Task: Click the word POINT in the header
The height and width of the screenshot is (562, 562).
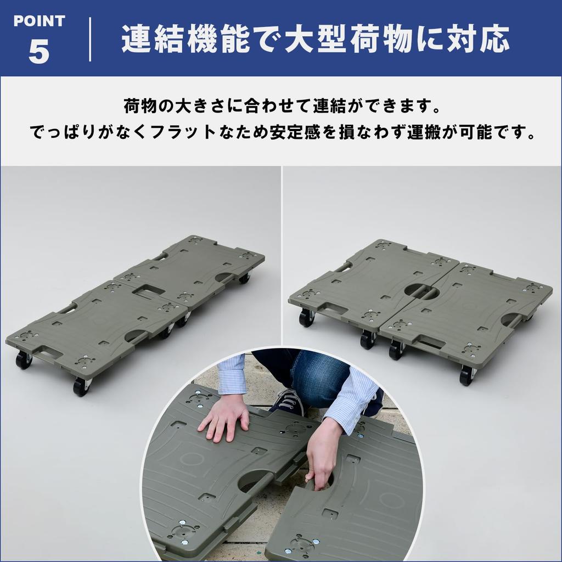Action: coord(39,21)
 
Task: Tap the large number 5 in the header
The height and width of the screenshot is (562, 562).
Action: coord(39,52)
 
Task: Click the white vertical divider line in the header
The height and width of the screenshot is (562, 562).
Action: coord(90,39)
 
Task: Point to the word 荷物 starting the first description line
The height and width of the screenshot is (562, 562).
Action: coord(138,104)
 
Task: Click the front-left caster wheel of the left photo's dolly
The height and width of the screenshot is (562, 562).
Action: coord(23,360)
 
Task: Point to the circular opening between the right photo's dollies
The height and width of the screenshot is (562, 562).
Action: coord(421,290)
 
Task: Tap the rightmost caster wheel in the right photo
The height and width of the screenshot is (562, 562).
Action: coord(467,375)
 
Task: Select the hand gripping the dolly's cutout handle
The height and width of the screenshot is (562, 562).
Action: coord(323,456)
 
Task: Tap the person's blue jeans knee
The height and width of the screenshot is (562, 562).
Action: coord(316,373)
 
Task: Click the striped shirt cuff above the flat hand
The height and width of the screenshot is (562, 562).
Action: coord(232,379)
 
